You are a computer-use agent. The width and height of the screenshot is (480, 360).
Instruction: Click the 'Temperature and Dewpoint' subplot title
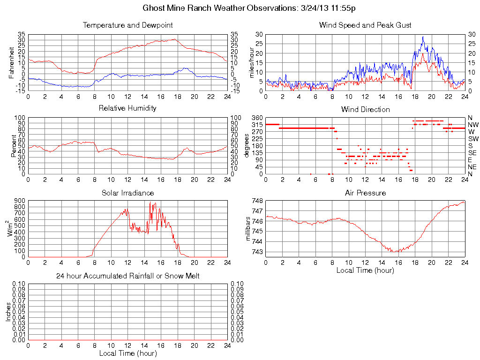tap(127, 25)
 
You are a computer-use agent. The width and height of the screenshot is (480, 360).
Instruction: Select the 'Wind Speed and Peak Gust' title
tap(365, 25)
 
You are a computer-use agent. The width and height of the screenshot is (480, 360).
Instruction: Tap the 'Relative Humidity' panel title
tap(127, 108)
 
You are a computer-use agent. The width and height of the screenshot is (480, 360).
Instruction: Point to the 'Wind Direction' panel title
tap(365, 109)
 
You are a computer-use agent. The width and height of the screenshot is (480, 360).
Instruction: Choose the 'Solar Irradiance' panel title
tap(127, 193)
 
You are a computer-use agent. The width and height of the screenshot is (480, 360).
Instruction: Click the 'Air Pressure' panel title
tap(365, 193)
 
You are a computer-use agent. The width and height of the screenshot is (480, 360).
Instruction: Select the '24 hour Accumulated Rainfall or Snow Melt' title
tap(127, 276)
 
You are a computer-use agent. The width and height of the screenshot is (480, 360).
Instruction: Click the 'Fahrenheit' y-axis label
tap(11, 63)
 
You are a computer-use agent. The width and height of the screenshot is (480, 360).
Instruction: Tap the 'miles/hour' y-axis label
tap(252, 63)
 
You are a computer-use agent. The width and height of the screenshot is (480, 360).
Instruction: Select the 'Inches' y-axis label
tap(8, 312)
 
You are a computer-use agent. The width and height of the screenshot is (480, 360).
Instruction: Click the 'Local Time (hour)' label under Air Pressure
tap(365, 270)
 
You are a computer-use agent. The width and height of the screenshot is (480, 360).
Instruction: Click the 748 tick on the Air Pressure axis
tap(257, 201)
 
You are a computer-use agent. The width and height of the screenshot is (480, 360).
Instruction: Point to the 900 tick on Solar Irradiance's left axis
tap(20, 201)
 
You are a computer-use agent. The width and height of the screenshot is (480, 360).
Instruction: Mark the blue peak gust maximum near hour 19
tap(423, 37)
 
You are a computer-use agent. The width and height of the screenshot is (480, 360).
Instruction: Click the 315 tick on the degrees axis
tap(257, 125)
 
